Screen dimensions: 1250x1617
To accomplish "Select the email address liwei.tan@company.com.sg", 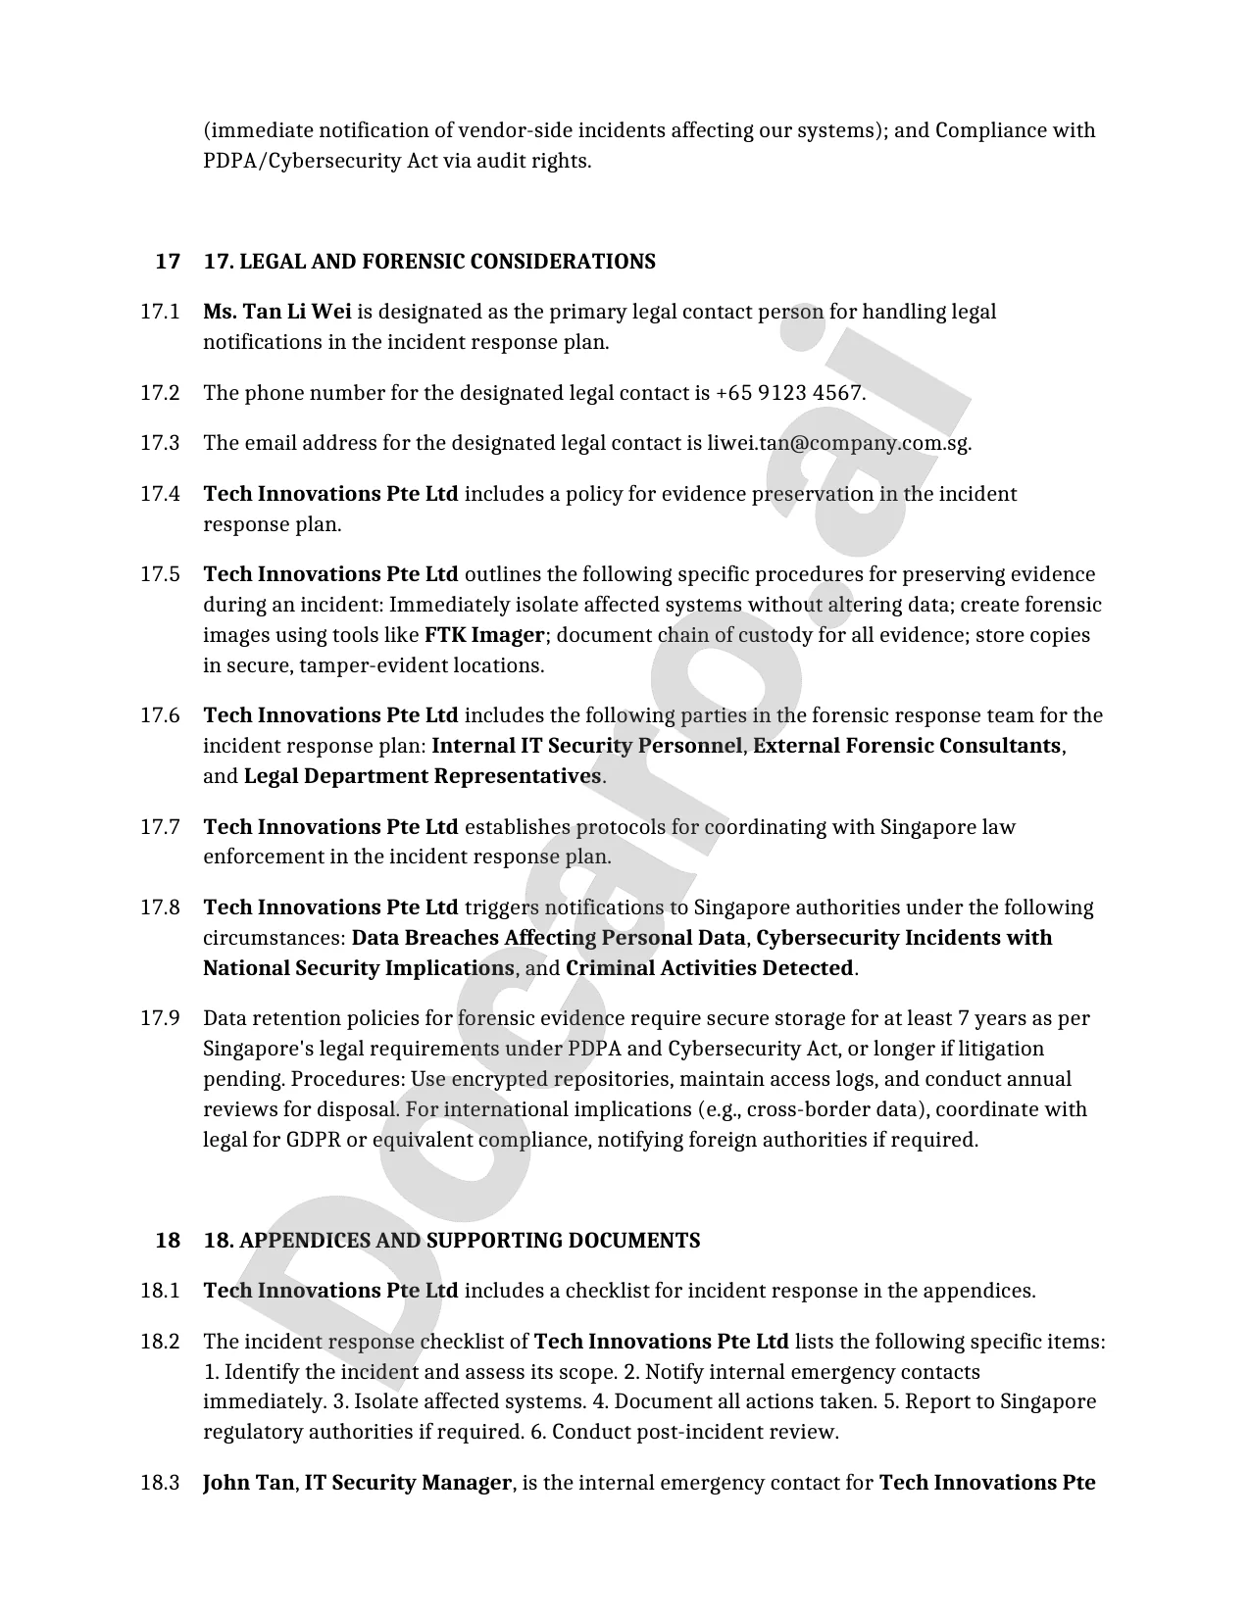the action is coord(838,443).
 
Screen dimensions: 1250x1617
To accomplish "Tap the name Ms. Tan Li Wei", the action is coord(277,312).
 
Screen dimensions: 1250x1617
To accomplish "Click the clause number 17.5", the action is coord(160,574).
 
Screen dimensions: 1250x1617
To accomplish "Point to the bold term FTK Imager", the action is coord(484,635).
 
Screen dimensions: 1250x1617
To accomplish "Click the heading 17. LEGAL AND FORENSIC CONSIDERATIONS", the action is coord(429,262).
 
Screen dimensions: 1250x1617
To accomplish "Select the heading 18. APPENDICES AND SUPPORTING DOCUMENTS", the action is coord(452,1241).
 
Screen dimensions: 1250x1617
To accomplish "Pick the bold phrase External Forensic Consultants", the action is coord(907,746).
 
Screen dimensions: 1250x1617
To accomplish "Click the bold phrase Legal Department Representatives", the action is coord(423,776).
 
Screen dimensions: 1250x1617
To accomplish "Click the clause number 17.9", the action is coord(160,1018).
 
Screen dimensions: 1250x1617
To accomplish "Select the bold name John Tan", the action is coord(248,1483).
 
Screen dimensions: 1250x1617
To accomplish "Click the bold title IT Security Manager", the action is coord(408,1483).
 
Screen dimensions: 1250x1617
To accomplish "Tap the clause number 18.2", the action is coord(160,1342).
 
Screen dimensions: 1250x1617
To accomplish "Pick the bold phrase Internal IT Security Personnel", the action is coord(586,746).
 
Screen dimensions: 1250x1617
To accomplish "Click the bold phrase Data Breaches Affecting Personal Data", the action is coord(549,938).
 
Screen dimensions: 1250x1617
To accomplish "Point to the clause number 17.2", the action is coord(160,393).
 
